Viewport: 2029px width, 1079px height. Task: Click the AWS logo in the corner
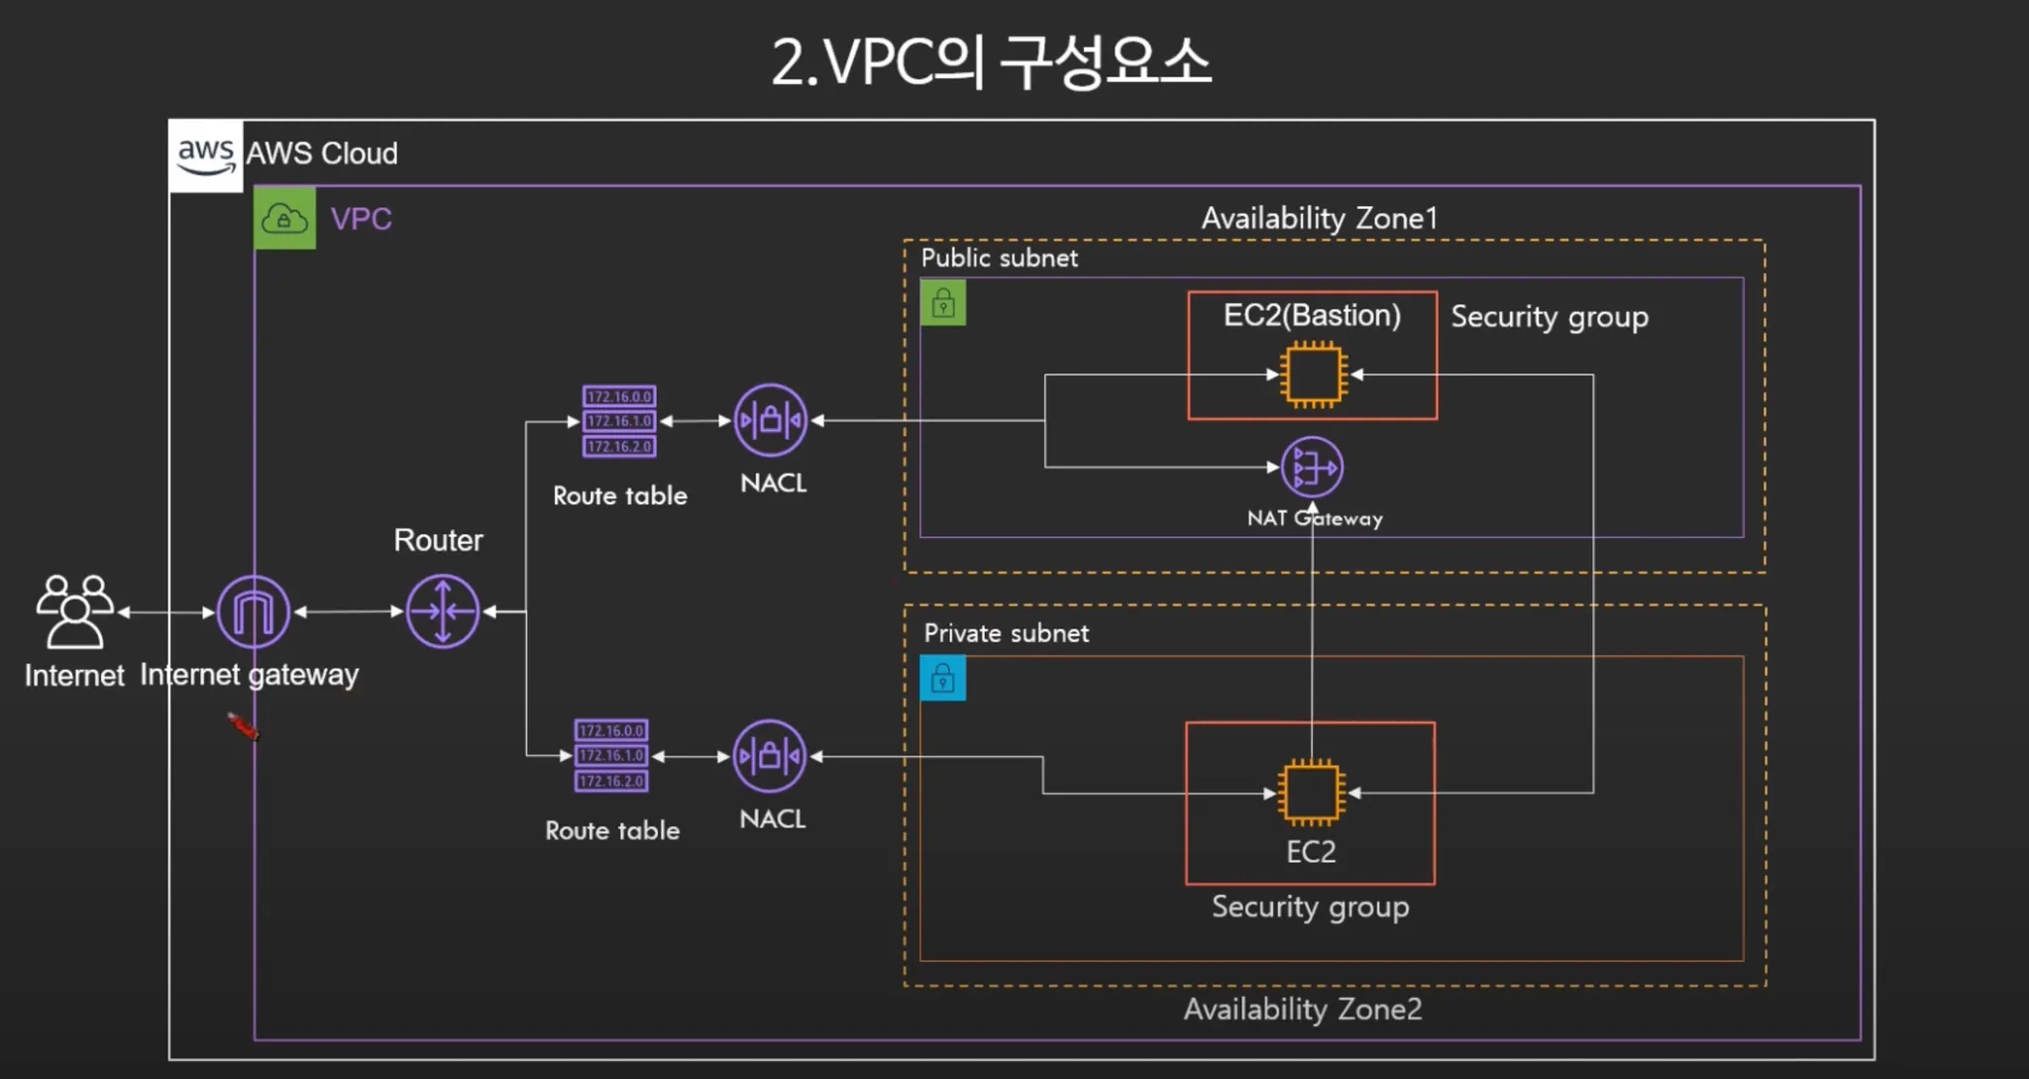click(x=205, y=156)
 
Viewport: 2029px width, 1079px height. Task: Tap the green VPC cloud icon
click(x=284, y=219)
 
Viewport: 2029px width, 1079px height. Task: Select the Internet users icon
click(x=74, y=611)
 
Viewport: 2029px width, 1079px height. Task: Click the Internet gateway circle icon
click(x=254, y=612)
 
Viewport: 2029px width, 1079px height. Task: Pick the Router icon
click(x=443, y=612)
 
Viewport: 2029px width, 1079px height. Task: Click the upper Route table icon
click(x=619, y=421)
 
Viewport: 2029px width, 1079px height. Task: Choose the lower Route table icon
click(x=611, y=756)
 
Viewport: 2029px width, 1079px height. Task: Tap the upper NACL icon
click(x=771, y=420)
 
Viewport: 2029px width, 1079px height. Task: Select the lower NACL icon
click(x=770, y=757)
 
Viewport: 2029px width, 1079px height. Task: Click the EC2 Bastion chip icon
click(x=1313, y=375)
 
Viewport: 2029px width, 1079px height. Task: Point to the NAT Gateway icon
click(x=1312, y=467)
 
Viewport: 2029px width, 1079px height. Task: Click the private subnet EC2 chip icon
click(x=1311, y=793)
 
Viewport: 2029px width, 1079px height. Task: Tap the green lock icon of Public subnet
click(x=943, y=302)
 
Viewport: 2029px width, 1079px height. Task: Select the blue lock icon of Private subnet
click(x=943, y=679)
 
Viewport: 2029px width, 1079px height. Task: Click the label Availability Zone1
click(x=1319, y=218)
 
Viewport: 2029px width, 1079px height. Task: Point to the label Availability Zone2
click(x=1303, y=1009)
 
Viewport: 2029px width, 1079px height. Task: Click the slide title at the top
click(x=991, y=62)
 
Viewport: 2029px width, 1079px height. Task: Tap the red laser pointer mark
click(x=243, y=727)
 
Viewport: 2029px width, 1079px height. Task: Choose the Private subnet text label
click(x=1006, y=633)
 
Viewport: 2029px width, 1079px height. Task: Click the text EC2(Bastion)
click(x=1312, y=315)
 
